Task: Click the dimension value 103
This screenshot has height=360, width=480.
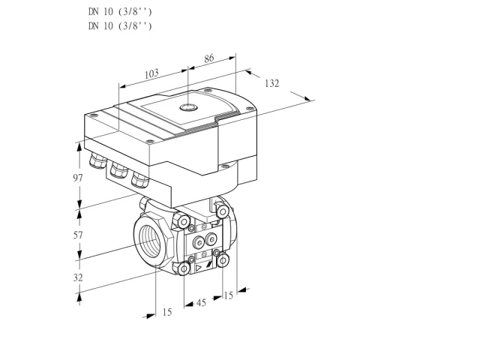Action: (151, 73)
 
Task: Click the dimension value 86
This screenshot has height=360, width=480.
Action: (208, 58)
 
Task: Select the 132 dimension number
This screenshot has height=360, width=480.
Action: (271, 83)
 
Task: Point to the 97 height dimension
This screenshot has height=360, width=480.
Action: (78, 178)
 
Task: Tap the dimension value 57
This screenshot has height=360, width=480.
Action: (78, 235)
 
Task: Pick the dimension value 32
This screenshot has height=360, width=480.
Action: (78, 277)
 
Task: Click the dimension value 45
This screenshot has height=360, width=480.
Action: (201, 303)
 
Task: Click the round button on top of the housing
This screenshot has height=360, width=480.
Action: (188, 107)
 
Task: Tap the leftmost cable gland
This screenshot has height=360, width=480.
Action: (97, 160)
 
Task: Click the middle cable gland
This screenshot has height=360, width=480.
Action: (118, 170)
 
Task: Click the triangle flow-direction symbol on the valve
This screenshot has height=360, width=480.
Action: (199, 268)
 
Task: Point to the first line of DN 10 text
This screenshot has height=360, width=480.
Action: (120, 12)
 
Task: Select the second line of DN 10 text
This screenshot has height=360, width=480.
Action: (120, 25)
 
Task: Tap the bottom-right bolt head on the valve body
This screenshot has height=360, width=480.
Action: (223, 260)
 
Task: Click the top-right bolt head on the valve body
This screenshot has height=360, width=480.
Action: (223, 211)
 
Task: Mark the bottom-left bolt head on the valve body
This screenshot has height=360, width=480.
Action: (184, 269)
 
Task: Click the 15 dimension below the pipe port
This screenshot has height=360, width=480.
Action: (167, 312)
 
